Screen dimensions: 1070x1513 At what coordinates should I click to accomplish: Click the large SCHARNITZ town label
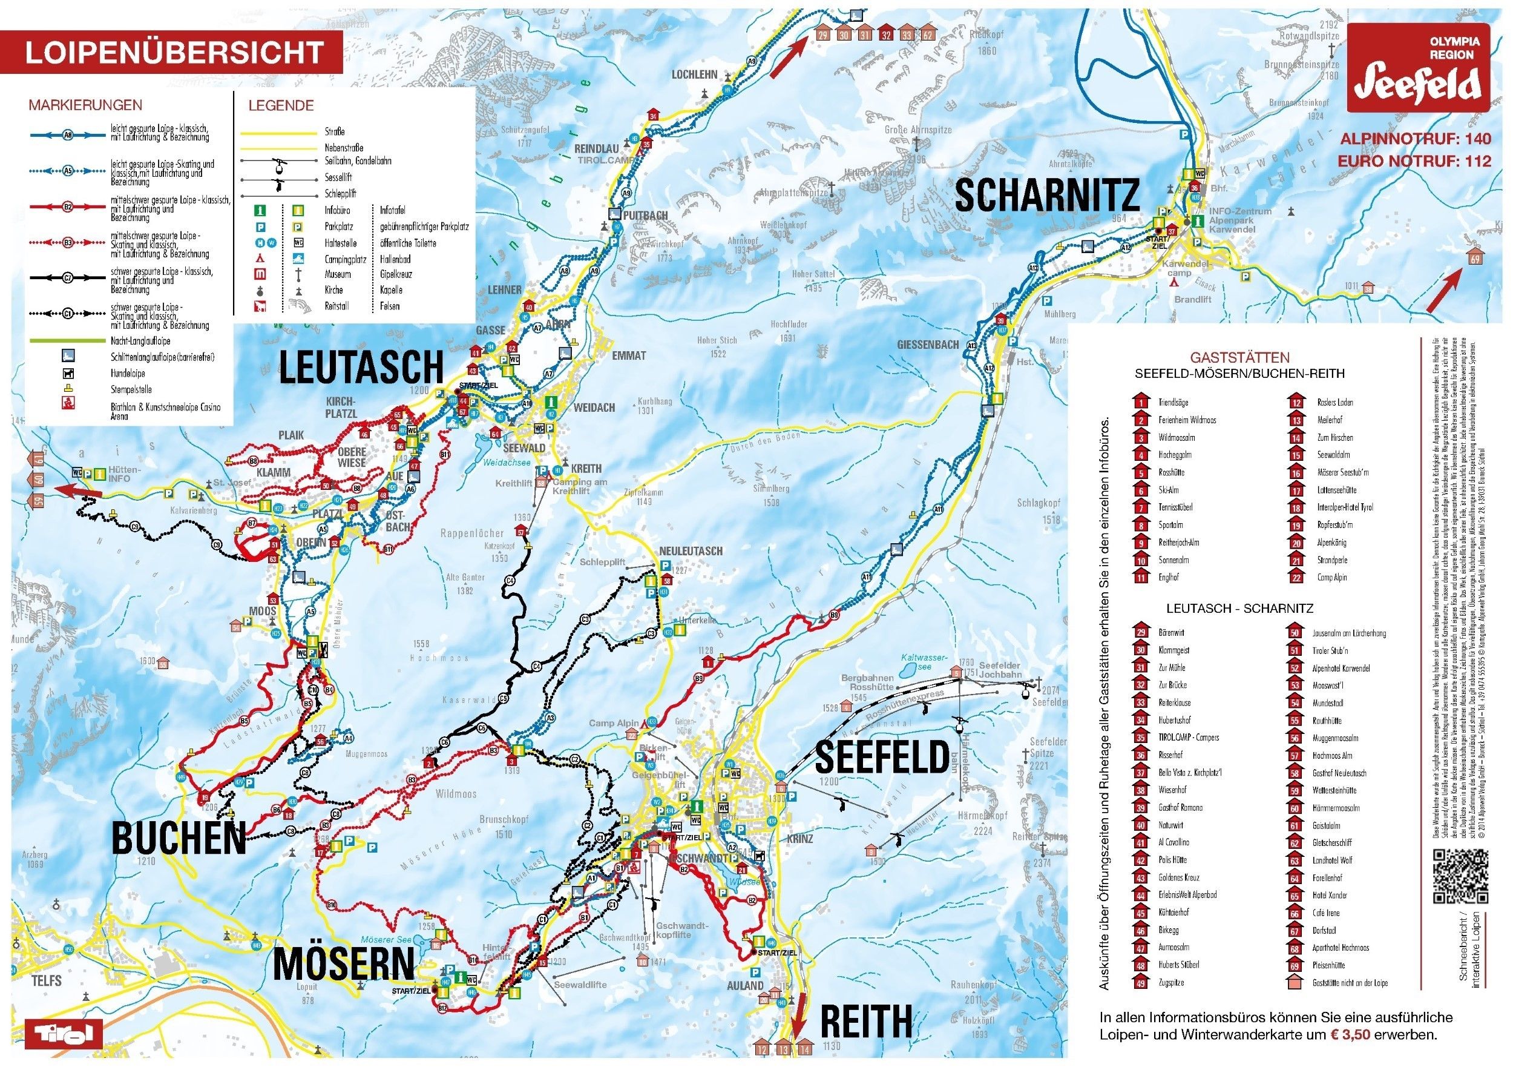pos(1047,196)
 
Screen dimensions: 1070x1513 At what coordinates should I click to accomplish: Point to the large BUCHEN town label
pos(179,838)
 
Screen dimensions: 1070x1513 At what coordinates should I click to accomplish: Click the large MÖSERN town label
pos(343,964)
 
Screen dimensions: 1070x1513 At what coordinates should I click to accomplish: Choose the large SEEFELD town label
pos(882,757)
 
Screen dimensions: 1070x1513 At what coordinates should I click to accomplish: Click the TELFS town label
pos(47,981)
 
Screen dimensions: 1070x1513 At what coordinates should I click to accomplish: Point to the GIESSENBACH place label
pos(928,345)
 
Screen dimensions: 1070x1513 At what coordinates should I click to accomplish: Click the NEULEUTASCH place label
pos(691,551)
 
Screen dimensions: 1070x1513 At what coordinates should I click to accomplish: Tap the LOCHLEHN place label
pos(695,74)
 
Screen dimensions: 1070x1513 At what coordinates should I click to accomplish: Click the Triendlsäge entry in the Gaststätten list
pos(1173,402)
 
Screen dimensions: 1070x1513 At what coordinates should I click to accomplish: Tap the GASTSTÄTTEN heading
pos(1239,358)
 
